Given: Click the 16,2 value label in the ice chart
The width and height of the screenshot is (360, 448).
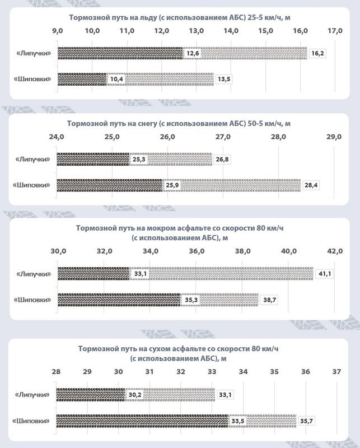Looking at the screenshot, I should pos(317,53).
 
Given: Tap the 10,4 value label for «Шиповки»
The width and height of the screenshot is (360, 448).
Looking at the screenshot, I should pos(116,79).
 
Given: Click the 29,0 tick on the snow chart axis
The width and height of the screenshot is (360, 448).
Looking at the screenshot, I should pos(333,136).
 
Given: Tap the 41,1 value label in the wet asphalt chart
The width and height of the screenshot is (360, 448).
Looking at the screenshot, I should pos(324,274).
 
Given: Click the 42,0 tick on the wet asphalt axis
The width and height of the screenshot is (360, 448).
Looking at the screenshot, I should pos(335,251).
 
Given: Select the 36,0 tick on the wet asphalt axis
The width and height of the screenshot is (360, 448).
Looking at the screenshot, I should pos(197,251).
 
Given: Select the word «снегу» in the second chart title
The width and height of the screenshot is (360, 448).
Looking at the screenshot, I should pos(148,122).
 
